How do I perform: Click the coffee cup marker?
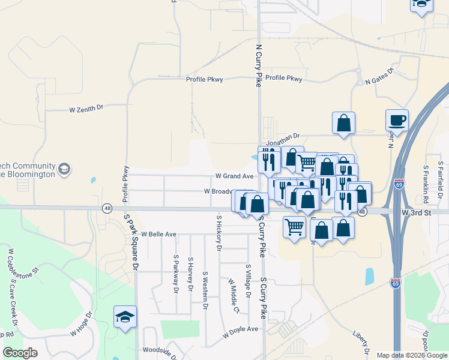pos(397,120)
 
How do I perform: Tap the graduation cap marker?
pos(125,317)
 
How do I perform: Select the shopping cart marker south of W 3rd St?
pos(294,227)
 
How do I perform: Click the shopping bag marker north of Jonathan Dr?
pos(343,122)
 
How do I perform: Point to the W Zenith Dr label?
pos(86,109)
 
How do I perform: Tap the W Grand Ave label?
pos(235,176)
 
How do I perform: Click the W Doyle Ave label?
pos(240,329)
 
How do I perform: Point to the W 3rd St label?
pos(417,212)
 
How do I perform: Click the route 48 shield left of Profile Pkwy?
pos(107,208)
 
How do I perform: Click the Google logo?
pos(20,353)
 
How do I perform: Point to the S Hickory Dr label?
pos(219,233)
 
